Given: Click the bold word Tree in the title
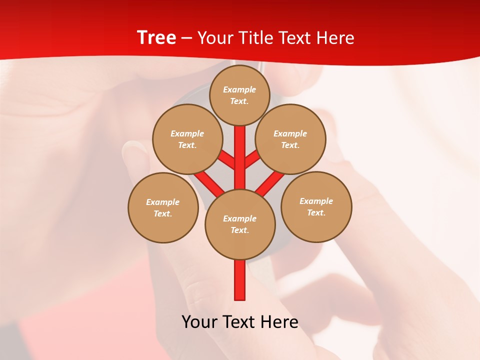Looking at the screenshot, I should click(x=156, y=37).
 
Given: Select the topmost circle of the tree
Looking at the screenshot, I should click(x=239, y=95).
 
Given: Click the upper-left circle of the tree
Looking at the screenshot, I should click(x=187, y=139).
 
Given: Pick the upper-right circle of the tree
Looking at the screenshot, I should click(x=290, y=139).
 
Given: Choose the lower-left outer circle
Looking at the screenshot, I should click(x=163, y=207).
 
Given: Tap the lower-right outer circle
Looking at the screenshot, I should click(x=316, y=206).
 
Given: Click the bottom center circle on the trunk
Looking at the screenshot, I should click(x=240, y=224).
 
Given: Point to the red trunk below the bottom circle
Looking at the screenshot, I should click(x=240, y=280).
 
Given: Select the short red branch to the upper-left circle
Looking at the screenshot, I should click(x=226, y=159).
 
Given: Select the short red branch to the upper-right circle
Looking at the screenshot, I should click(x=252, y=159).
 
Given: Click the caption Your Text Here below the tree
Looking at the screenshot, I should click(x=240, y=321).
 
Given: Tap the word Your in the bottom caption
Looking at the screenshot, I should click(x=198, y=321).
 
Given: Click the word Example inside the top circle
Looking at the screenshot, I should click(x=239, y=89).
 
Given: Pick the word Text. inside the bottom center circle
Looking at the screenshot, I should click(x=239, y=230).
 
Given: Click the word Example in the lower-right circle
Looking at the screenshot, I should click(x=316, y=201).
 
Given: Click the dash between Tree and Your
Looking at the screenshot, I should click(x=186, y=38).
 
